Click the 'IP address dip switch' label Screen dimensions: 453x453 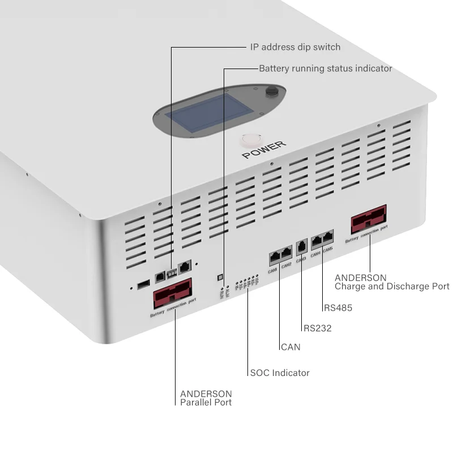(x=295, y=47)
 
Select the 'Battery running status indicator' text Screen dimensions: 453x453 (x=325, y=69)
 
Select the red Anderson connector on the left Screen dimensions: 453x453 (x=172, y=293)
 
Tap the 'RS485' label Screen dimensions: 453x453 (x=338, y=309)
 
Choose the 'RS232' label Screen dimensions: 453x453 (x=317, y=328)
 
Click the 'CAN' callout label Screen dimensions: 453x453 (x=290, y=347)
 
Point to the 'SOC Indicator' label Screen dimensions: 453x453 (x=280, y=373)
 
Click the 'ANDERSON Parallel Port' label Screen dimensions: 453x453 (x=206, y=398)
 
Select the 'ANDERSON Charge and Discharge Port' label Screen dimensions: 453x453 (x=391, y=282)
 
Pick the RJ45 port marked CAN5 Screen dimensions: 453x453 (x=328, y=238)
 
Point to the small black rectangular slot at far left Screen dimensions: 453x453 (x=144, y=282)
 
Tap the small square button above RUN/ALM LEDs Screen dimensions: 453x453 (x=220, y=277)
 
